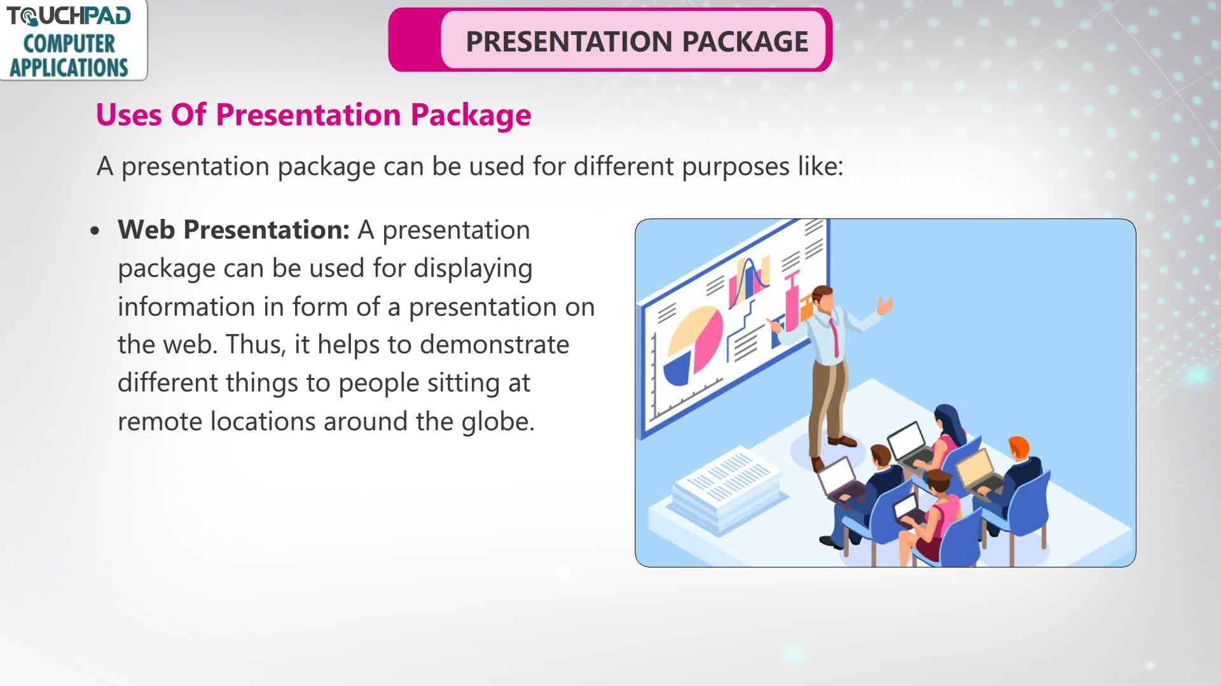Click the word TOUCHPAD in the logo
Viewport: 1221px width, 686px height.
pos(69,15)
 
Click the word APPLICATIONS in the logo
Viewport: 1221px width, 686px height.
pos(69,67)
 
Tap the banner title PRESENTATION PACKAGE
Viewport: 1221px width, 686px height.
pos(637,41)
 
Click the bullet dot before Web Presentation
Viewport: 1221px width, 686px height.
pos(95,231)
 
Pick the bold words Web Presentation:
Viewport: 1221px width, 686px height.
pos(233,230)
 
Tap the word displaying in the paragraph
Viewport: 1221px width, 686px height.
pos(473,269)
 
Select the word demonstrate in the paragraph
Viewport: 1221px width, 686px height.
pos(494,344)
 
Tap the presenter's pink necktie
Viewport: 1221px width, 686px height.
pos(834,336)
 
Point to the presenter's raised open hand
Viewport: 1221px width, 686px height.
pos(885,305)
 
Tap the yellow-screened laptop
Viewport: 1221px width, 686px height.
pos(975,472)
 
